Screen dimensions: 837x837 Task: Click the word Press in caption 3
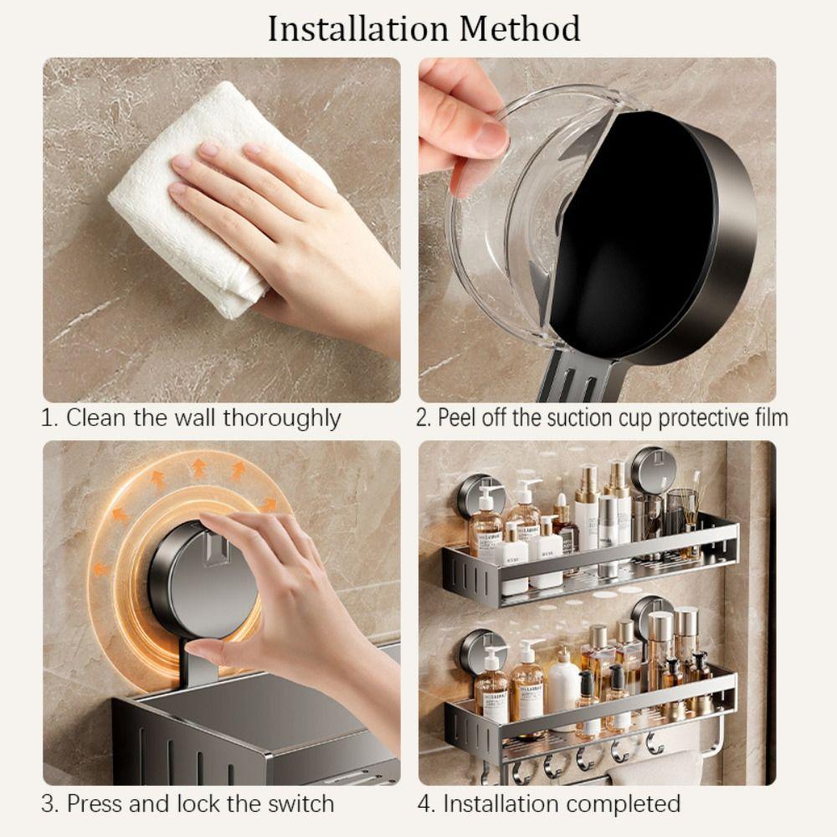93,804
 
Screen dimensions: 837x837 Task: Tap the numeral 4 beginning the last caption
424,804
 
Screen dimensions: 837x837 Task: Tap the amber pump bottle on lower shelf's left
490,686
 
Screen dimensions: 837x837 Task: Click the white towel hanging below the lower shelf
661,767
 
